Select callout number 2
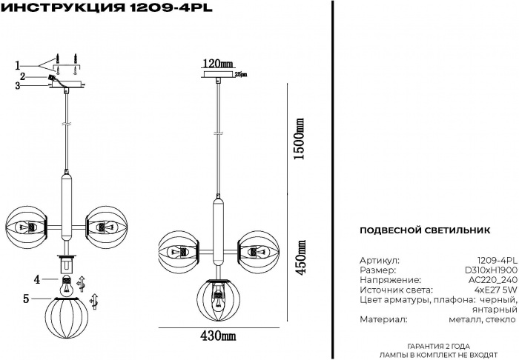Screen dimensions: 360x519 (23, 76)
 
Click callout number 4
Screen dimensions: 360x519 (36, 279)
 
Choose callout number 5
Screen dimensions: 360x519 (27, 299)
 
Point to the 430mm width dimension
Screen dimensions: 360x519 (218, 336)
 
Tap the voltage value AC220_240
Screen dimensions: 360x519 (492, 281)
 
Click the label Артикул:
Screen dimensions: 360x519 (379, 261)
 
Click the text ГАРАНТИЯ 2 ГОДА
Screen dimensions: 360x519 (438, 347)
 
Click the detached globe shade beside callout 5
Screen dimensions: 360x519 (67, 316)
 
